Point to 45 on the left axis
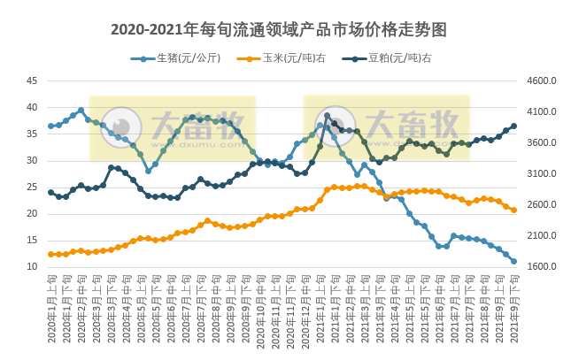31,80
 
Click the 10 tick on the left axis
31,267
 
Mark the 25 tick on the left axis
31,188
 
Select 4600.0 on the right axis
541,80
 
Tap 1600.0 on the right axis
541,267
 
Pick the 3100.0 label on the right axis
541,174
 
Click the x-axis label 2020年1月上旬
51,310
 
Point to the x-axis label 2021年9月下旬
514,310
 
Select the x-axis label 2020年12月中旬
305,310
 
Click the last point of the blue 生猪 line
513,261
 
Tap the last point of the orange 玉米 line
513,210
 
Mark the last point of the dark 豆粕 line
513,126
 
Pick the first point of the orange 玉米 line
50,254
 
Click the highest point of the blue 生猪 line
81,111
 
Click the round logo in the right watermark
336,126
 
